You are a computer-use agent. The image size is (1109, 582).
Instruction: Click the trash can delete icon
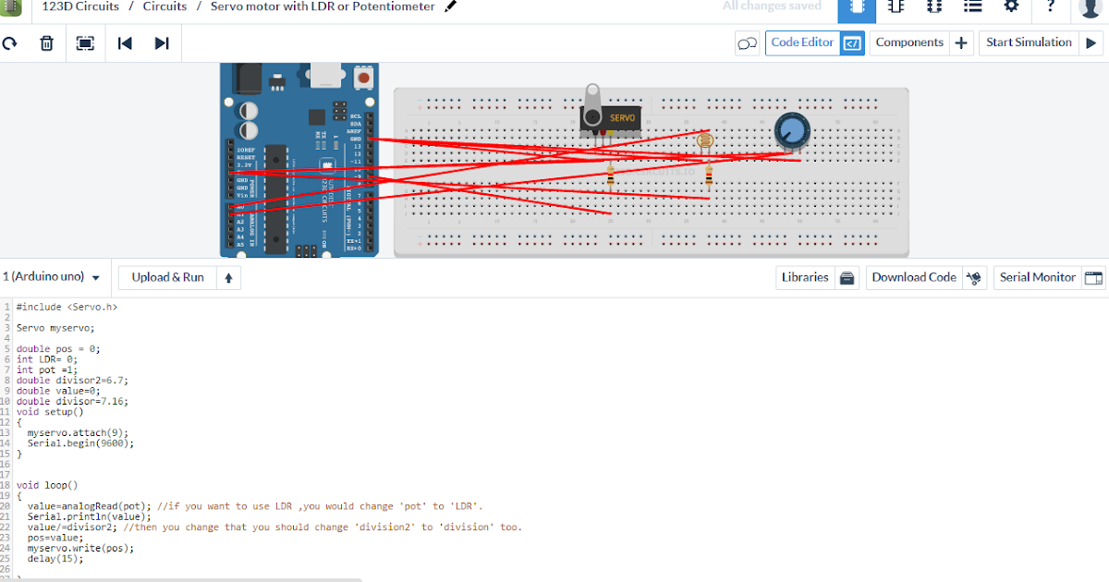(46, 43)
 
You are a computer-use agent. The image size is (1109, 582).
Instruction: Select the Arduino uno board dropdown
(51, 277)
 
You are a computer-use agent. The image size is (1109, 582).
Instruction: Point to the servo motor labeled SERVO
(611, 118)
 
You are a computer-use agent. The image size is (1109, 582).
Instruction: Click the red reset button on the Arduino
(364, 79)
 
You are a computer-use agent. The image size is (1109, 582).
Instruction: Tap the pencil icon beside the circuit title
(451, 6)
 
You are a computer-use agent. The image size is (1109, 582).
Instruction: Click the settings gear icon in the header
(1011, 6)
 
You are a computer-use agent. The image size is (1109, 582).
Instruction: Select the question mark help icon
(1051, 6)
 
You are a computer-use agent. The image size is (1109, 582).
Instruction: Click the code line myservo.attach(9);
(78, 432)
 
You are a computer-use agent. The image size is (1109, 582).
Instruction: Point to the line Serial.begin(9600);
(80, 443)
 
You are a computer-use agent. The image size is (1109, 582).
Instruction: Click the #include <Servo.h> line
(67, 306)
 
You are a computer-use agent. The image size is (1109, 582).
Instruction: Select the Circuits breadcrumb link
(165, 6)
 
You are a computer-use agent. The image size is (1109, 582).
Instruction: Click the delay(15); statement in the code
(55, 559)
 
